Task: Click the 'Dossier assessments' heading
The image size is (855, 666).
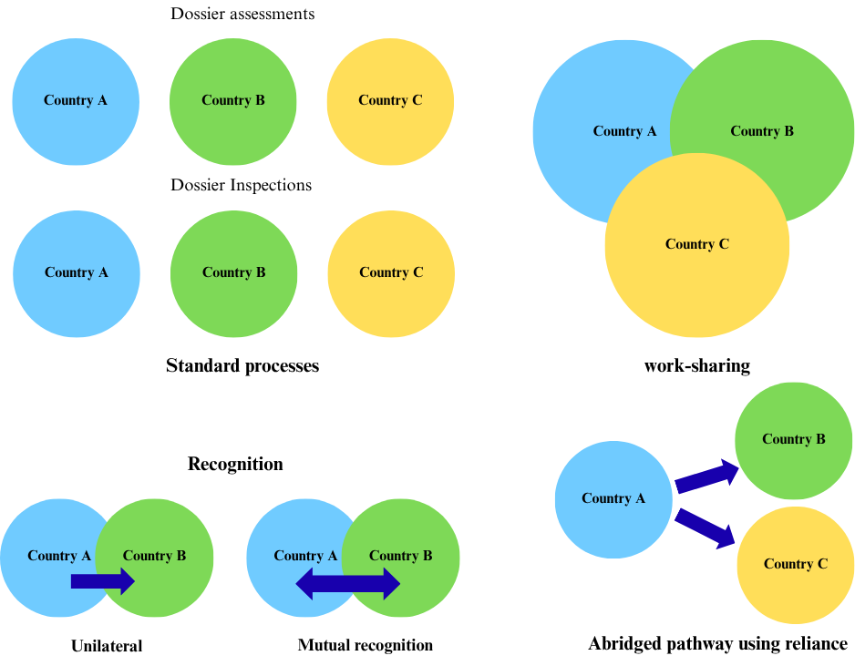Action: (242, 15)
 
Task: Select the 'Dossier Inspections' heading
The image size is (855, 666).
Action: (241, 186)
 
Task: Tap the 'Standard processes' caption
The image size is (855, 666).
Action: (242, 366)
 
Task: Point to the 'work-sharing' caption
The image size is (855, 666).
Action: (696, 366)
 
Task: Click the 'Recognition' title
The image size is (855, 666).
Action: (235, 464)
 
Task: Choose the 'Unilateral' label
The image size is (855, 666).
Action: (107, 646)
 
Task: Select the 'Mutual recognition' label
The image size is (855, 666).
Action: (365, 645)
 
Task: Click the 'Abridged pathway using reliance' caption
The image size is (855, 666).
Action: (717, 644)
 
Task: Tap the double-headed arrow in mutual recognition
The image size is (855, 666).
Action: (348, 583)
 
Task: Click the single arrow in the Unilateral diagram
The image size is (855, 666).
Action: (102, 581)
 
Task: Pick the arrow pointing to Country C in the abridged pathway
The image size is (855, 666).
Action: (706, 527)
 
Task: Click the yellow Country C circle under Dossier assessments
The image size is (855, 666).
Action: (390, 101)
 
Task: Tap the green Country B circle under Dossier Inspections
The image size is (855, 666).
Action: (233, 273)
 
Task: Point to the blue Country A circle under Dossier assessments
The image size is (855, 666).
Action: (76, 101)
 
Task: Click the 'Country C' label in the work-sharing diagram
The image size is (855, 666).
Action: (696, 244)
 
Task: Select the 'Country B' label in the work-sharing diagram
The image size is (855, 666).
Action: (762, 131)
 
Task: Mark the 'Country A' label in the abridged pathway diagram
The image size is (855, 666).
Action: (613, 498)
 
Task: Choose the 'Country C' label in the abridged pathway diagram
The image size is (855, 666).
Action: (796, 564)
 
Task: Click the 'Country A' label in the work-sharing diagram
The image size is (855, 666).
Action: (624, 131)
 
